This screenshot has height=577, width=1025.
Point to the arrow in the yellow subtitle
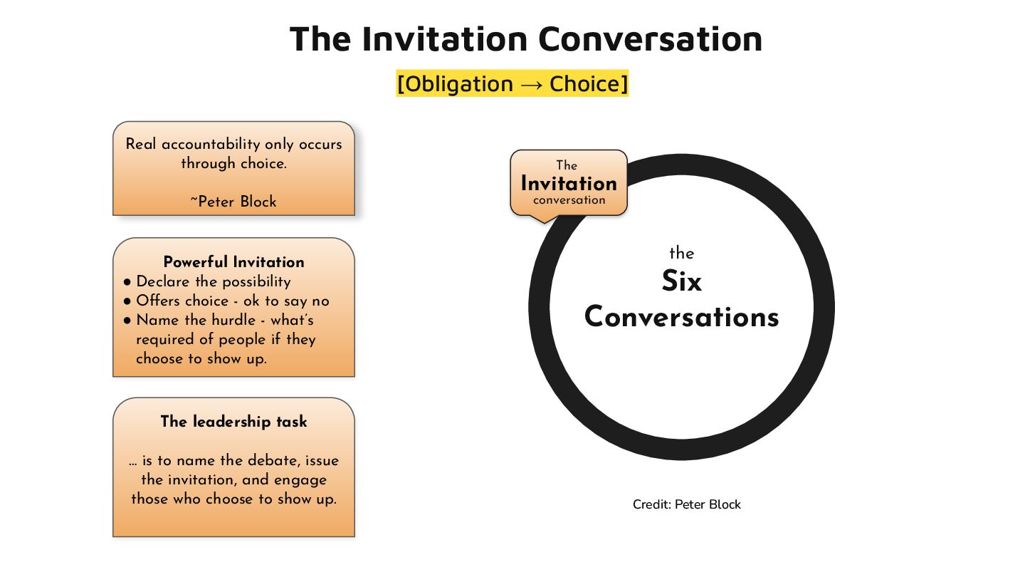531,85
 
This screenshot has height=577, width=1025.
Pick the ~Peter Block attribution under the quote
233,202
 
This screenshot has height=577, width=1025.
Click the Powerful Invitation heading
233,262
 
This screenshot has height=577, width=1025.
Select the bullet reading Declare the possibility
213,281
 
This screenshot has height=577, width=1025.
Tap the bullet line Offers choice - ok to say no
232,301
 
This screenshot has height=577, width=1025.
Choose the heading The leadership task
233,422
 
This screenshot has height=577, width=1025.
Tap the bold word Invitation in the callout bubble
569,184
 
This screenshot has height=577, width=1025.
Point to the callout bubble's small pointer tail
542,218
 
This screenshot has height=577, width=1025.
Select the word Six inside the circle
681,282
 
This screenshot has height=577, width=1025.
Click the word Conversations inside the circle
681,317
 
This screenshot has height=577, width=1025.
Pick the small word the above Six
681,254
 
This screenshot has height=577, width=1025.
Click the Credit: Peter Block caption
686,504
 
